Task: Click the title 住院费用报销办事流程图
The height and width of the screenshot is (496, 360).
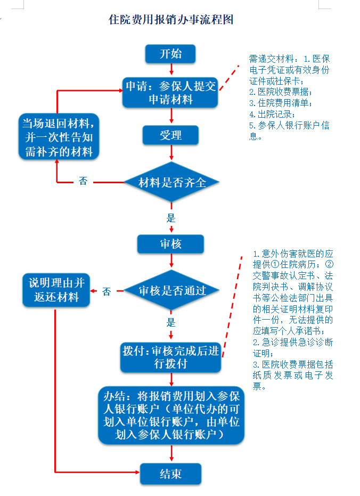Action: (x=171, y=19)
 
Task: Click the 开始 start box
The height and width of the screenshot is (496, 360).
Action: (x=170, y=54)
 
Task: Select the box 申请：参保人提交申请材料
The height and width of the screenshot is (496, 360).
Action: (x=170, y=93)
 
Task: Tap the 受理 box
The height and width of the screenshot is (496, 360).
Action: (x=170, y=135)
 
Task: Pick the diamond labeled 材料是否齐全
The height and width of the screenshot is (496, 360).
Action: (x=171, y=182)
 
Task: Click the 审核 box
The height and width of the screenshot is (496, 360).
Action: (x=170, y=244)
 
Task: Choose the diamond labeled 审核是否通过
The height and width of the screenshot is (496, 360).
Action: (x=171, y=290)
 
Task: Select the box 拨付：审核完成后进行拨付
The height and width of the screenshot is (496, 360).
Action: (x=170, y=357)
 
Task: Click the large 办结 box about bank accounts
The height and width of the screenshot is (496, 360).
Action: (x=171, y=416)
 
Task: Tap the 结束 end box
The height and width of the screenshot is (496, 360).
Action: (x=170, y=474)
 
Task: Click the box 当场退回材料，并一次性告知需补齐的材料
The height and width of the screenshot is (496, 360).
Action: (x=59, y=136)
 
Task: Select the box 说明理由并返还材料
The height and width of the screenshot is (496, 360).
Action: (x=56, y=290)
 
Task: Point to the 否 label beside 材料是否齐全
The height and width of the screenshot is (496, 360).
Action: (x=83, y=181)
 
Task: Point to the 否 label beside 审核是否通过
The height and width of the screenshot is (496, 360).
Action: (x=107, y=291)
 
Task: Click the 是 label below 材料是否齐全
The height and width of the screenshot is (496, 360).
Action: (x=171, y=218)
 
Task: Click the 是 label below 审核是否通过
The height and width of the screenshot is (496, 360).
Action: (x=171, y=323)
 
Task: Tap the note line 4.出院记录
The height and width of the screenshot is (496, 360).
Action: (x=272, y=114)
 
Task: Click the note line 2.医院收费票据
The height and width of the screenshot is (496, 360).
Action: (x=281, y=92)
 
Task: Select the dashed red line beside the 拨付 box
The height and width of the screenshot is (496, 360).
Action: (x=232, y=307)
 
